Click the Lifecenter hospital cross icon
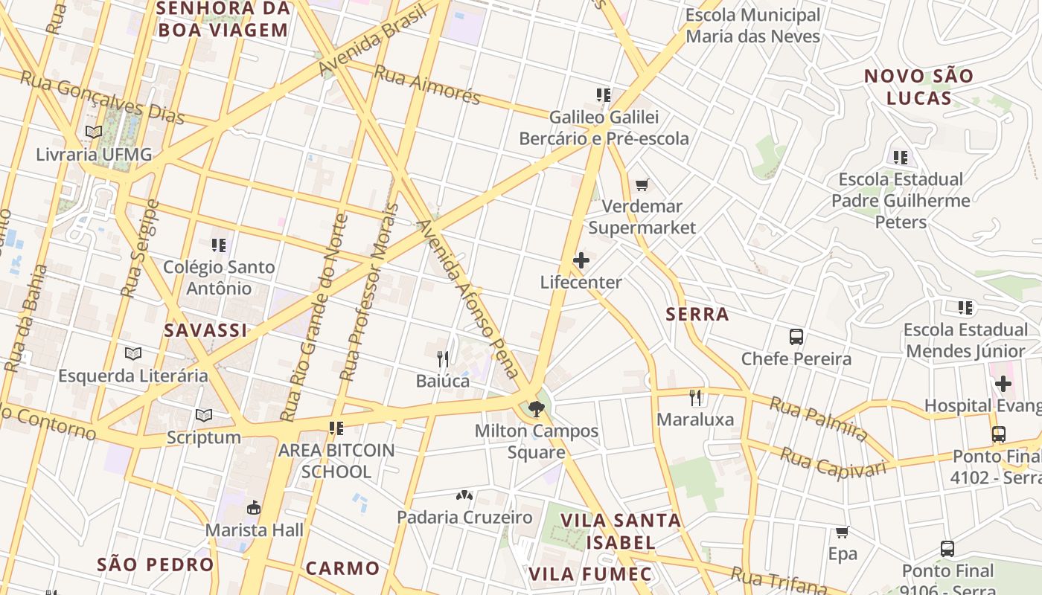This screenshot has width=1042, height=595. (x=581, y=260)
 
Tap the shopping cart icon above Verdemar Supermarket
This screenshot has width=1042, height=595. (x=642, y=184)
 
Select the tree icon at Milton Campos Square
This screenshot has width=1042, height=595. (x=536, y=408)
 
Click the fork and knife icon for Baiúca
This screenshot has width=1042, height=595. (x=443, y=359)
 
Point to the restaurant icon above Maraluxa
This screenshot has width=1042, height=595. (x=696, y=398)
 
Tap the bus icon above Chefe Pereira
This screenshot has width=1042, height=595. (x=796, y=337)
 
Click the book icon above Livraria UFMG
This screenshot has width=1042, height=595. (x=94, y=132)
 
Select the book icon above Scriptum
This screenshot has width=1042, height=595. (x=203, y=416)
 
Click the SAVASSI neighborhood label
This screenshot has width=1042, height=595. (x=205, y=331)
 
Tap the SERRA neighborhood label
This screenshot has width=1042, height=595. (x=697, y=315)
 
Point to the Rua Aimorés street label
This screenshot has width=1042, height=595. (x=427, y=85)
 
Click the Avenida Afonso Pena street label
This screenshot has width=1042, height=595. (x=468, y=297)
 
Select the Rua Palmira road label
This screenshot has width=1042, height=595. (x=818, y=418)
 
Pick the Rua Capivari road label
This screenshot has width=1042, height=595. (x=833, y=462)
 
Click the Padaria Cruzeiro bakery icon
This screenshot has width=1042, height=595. (x=464, y=495)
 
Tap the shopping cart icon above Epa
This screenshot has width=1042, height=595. (x=843, y=533)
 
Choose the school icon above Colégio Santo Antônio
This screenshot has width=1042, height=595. (x=218, y=245)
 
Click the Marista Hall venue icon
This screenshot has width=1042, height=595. (x=254, y=508)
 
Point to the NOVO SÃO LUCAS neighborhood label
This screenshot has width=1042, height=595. (x=918, y=87)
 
